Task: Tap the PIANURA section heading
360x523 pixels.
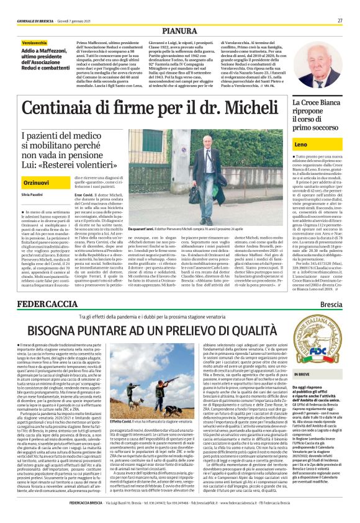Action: (x=180, y=30)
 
